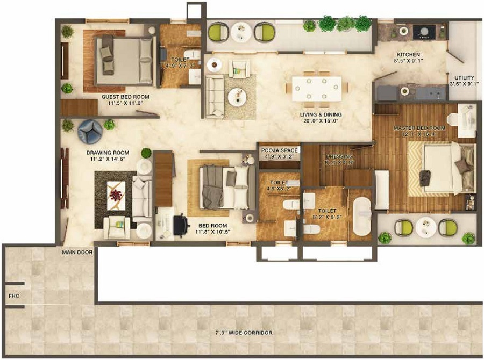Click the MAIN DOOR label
point(77,251)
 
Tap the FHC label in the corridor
point(13,295)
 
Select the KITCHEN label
point(408,55)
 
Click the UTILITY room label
point(464,77)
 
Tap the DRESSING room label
point(339,157)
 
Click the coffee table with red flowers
point(117,192)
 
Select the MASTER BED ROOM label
point(419,128)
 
